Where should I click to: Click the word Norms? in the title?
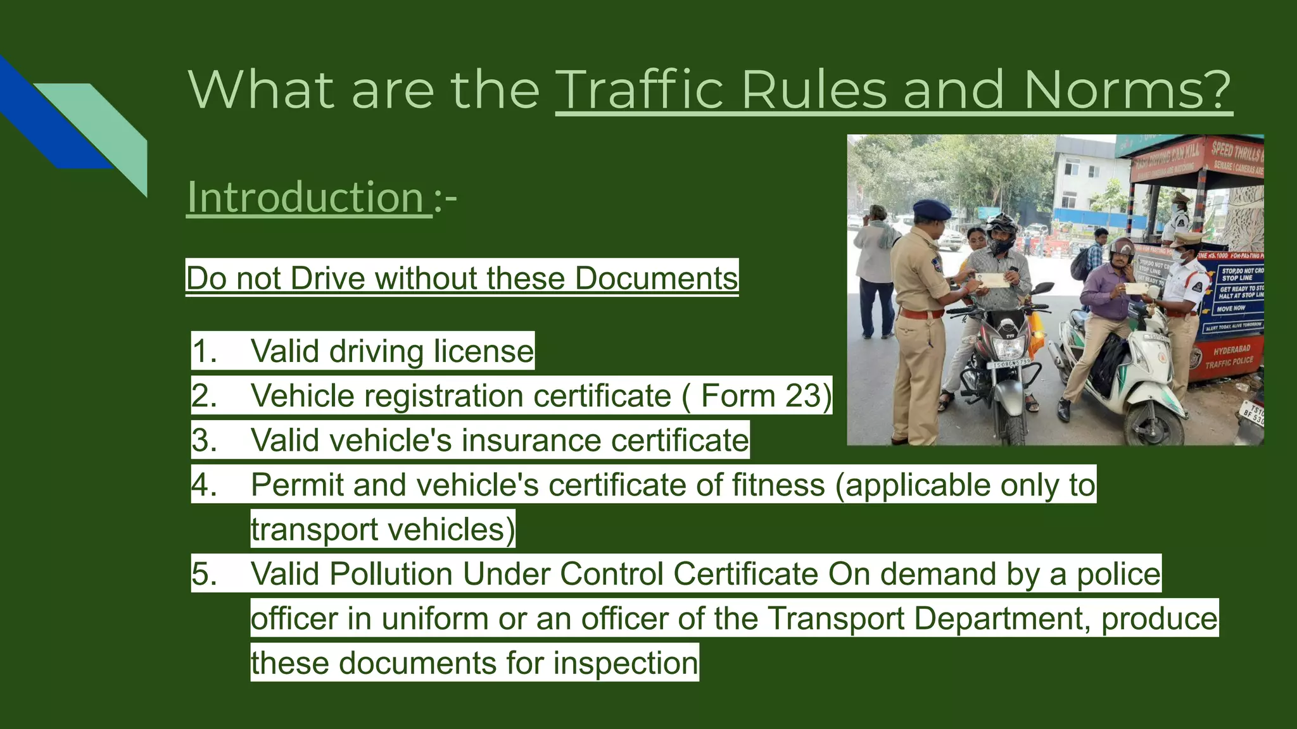pos(1127,90)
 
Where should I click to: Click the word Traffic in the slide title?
pos(640,90)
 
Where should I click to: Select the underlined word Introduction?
pos(306,197)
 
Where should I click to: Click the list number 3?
pos(204,440)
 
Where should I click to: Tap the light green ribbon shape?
pos(108,127)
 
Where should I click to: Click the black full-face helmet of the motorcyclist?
pos(1001,232)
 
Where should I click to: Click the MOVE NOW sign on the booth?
pos(1230,309)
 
